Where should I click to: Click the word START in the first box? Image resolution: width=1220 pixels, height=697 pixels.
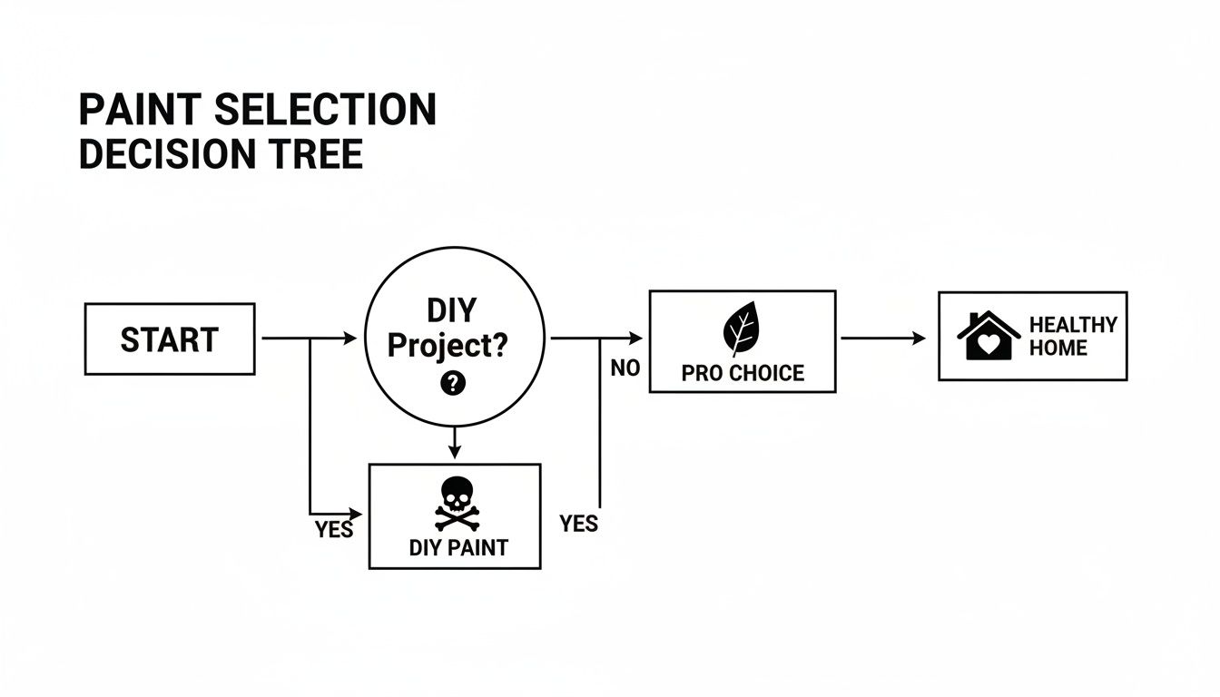[x=169, y=339]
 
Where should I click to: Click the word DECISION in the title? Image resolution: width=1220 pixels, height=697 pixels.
[x=163, y=154]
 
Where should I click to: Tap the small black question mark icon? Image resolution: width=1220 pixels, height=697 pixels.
[x=452, y=384]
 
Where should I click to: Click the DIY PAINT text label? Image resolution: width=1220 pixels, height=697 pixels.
[x=457, y=547]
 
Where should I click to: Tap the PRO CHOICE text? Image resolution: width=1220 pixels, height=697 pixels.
[x=742, y=373]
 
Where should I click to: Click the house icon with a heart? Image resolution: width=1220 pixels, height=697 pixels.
[x=989, y=336]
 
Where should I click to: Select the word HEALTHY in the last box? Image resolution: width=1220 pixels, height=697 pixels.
[x=1073, y=325]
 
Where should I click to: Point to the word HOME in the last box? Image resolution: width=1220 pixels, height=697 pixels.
[x=1058, y=348]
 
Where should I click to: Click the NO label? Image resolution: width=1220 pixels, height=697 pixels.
[x=625, y=368]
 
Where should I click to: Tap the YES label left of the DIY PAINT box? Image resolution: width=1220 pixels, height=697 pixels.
[x=333, y=530]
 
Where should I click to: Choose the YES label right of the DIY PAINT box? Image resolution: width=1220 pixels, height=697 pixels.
[x=578, y=523]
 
